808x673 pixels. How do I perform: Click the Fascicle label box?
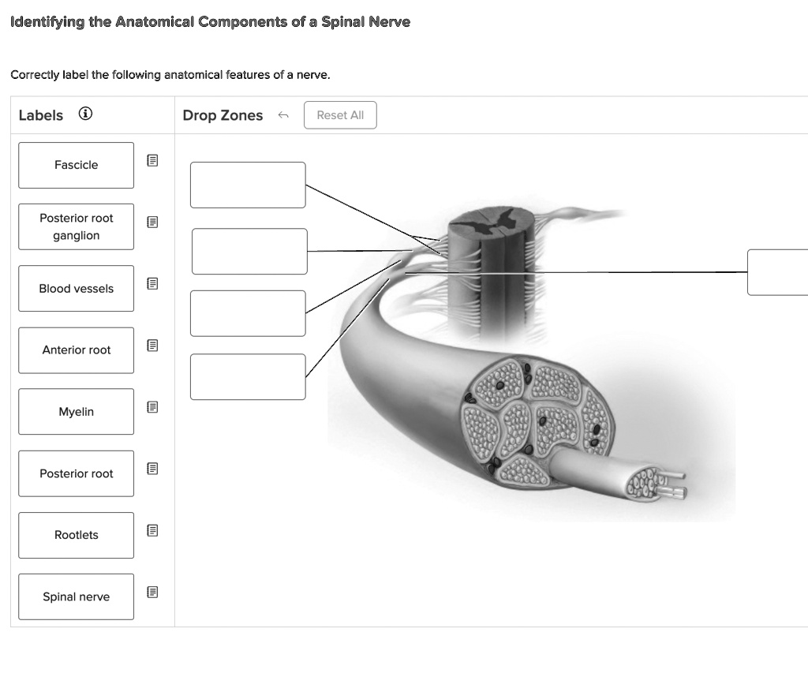click(x=77, y=165)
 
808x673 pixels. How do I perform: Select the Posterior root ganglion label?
click(x=77, y=226)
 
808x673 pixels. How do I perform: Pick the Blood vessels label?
click(x=77, y=289)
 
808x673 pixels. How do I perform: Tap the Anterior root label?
click(x=77, y=350)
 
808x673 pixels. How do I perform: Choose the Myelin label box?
click(x=77, y=412)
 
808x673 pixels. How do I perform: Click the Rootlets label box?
click(x=77, y=535)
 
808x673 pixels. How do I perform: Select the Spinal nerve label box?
click(x=77, y=596)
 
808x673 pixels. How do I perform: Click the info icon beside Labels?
click(x=84, y=114)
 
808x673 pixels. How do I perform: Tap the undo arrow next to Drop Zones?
click(x=283, y=116)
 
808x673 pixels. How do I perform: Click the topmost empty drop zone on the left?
click(x=248, y=185)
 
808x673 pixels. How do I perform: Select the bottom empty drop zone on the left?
click(x=248, y=376)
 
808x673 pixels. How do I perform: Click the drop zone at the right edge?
click(x=777, y=272)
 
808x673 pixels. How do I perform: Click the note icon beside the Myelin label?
click(x=153, y=407)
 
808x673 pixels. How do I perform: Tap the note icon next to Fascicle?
click(x=153, y=161)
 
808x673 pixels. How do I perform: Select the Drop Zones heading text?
click(x=223, y=115)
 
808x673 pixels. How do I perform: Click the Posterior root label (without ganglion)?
click(x=77, y=473)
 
